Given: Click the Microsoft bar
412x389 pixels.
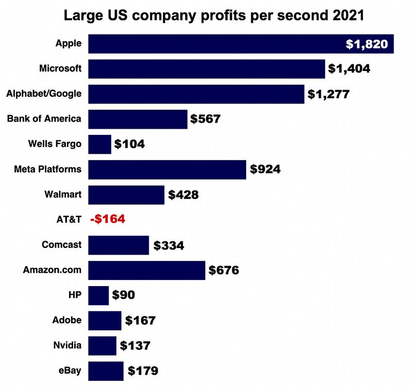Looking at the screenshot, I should click(x=207, y=68).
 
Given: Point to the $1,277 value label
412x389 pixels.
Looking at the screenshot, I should click(x=329, y=94).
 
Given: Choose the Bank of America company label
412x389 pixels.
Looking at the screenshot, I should click(x=44, y=118).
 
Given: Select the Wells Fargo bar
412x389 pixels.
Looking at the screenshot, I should click(x=100, y=144).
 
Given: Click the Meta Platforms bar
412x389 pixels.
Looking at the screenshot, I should click(x=167, y=169).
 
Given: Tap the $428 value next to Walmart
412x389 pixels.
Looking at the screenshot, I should click(x=183, y=194).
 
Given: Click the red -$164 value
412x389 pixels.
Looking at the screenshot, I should click(x=108, y=219).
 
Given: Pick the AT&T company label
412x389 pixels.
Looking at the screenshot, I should click(x=68, y=219).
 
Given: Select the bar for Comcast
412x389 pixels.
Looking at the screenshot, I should click(x=118, y=245).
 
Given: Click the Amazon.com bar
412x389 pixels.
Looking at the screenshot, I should click(x=147, y=270).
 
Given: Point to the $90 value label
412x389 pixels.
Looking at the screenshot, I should click(x=124, y=295).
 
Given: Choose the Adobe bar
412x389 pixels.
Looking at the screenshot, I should click(x=105, y=320).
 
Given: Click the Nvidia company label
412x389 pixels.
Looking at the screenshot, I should click(x=67, y=345).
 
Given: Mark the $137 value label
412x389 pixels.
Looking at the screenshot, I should click(x=135, y=345).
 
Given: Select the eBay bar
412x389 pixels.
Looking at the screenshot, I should click(x=106, y=370).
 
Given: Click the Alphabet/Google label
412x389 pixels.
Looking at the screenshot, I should click(x=44, y=93).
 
